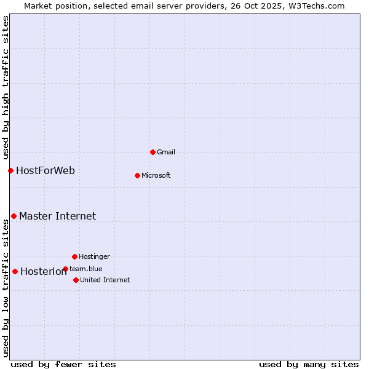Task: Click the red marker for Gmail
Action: (153, 152)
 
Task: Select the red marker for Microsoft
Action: (137, 175)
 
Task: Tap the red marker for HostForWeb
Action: (10, 170)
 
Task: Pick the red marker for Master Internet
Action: (14, 216)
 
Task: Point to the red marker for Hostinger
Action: (74, 256)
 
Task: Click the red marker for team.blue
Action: (65, 269)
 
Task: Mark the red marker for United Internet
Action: (76, 280)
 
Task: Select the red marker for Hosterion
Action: (15, 271)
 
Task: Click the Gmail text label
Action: (166, 152)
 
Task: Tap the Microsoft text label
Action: (156, 175)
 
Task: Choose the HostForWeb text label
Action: (46, 170)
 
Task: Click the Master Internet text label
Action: (57, 216)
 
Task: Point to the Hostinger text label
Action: (94, 256)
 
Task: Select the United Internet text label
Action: (105, 280)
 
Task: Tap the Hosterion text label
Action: (43, 272)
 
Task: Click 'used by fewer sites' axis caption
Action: (63, 364)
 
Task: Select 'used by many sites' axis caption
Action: (309, 364)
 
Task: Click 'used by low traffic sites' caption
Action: (6, 288)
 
